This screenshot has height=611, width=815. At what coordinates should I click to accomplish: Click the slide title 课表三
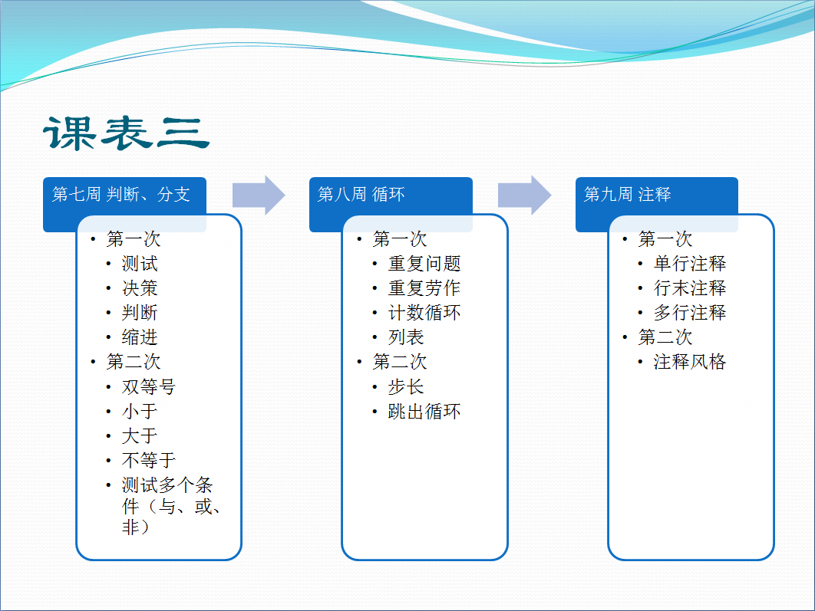pos(127,133)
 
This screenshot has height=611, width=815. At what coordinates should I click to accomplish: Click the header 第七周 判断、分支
pos(121,194)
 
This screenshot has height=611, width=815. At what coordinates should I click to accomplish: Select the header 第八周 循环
pos(361,194)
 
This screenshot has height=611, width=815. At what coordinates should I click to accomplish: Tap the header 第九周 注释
pos(627,194)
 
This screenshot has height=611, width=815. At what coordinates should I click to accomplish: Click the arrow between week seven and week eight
pos(259,195)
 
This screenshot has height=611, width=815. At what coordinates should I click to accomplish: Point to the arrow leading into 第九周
pos(524,195)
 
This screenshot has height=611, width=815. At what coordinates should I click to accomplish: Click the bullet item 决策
pos(140,288)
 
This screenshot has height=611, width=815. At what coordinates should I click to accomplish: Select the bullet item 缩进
pos(140,337)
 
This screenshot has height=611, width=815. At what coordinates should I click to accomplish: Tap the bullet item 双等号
pos(149,386)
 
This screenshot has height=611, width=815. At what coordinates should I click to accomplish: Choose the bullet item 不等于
pos(149,460)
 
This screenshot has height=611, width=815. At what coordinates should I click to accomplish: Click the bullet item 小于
pos(140,411)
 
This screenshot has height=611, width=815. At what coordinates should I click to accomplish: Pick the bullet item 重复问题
pos(424,264)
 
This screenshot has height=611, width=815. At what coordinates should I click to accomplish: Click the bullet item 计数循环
pos(424,313)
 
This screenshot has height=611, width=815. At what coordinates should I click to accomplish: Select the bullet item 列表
pos(406,337)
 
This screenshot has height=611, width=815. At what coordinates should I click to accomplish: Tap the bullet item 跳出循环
pos(424,412)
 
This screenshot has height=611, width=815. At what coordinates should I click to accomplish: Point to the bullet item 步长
pos(406,386)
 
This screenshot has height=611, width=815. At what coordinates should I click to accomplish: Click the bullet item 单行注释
pos(690,264)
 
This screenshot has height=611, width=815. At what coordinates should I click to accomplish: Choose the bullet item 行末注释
pos(690,288)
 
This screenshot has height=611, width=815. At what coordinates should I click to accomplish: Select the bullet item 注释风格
pos(690,362)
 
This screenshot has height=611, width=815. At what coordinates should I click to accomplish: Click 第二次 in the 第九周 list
pos(665,337)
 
